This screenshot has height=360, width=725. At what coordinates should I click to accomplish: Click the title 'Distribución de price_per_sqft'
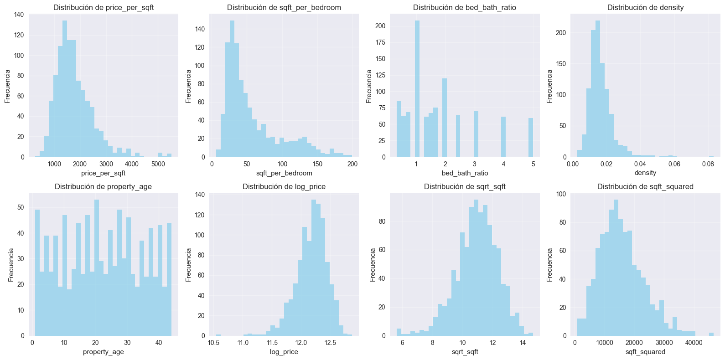click(x=104, y=8)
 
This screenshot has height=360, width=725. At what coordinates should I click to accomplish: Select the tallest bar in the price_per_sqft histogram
click(x=65, y=91)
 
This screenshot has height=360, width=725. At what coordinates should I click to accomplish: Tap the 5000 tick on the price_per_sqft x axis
click(x=158, y=164)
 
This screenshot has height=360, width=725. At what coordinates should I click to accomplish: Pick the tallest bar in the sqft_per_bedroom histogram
click(x=232, y=91)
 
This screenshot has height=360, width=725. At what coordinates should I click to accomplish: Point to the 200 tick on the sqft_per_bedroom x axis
click(x=352, y=164)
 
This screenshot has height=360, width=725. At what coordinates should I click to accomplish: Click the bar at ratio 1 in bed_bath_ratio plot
click(x=417, y=91)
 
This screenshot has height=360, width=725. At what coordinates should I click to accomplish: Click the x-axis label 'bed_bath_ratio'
click(x=465, y=173)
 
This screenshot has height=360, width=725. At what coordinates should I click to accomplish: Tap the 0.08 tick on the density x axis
click(x=708, y=164)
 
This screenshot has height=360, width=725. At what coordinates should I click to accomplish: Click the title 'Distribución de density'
click(x=645, y=8)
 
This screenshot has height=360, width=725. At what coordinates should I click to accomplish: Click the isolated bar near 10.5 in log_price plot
click(x=218, y=335)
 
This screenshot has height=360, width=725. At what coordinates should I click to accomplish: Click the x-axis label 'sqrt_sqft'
click(x=465, y=352)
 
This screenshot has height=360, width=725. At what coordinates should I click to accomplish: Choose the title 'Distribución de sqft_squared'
click(x=645, y=186)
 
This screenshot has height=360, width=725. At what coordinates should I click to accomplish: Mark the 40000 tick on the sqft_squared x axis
click(x=694, y=343)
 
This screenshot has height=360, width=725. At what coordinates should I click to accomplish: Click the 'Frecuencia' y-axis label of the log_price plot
click(x=189, y=265)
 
